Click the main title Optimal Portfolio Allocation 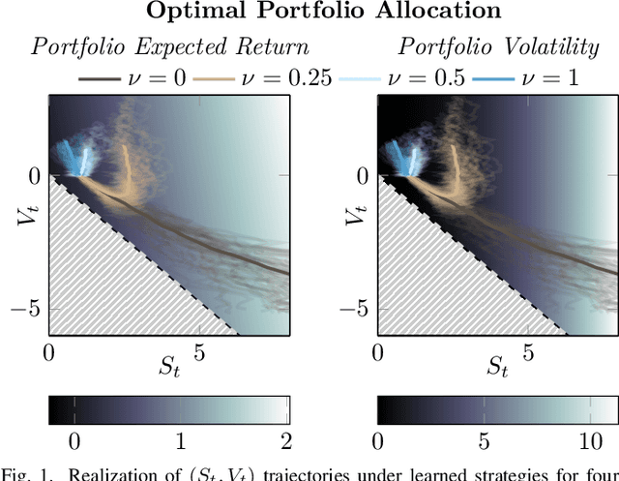pos(309,12)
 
